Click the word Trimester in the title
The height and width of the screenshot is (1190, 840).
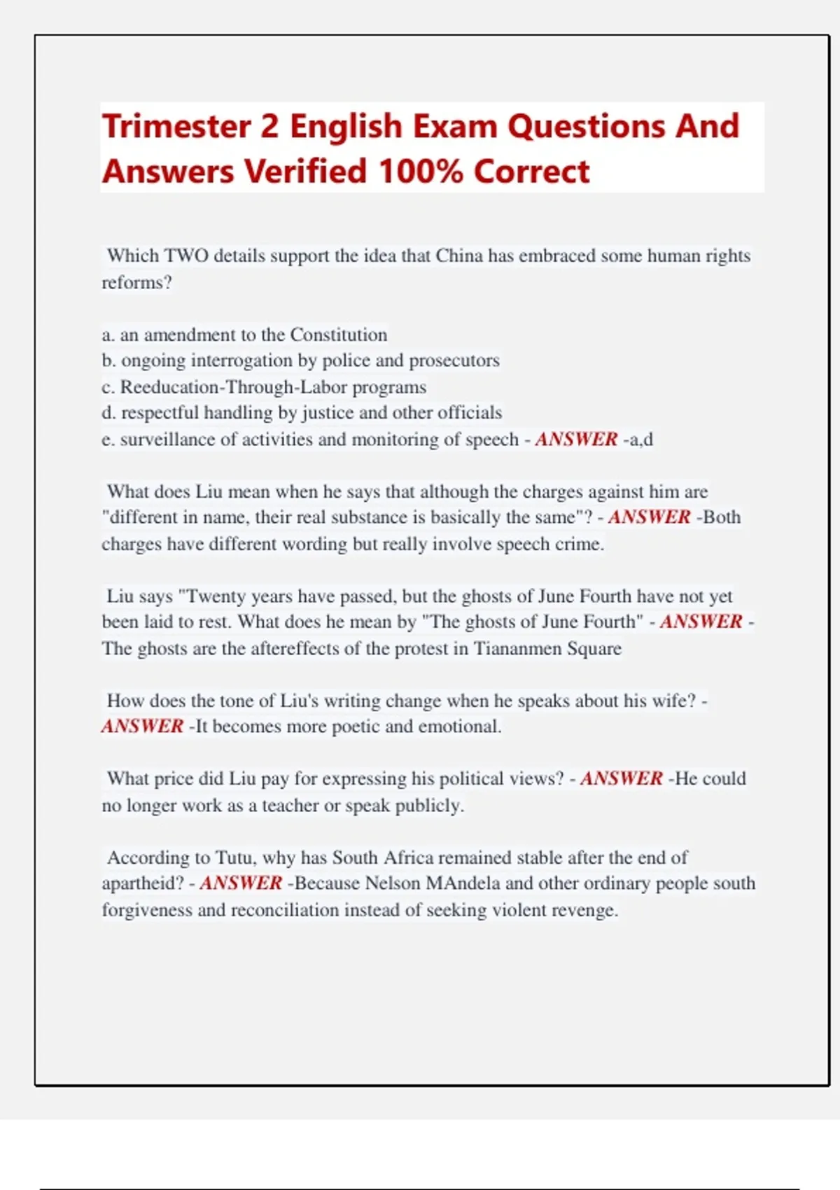pyautogui.click(x=176, y=127)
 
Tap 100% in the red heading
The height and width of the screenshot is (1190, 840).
pyautogui.click(x=421, y=171)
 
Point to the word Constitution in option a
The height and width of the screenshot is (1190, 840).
pyautogui.click(x=339, y=335)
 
